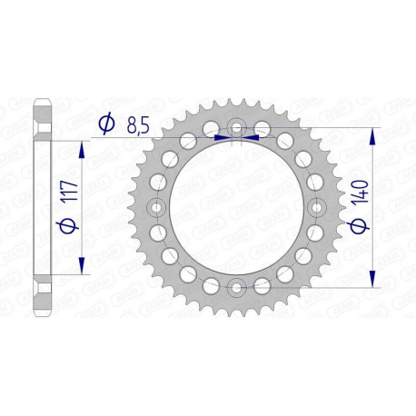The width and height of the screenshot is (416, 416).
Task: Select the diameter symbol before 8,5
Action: point(106,123)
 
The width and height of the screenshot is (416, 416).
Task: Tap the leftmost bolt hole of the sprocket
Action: point(154,208)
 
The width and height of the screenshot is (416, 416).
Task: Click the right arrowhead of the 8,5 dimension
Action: point(252,138)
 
